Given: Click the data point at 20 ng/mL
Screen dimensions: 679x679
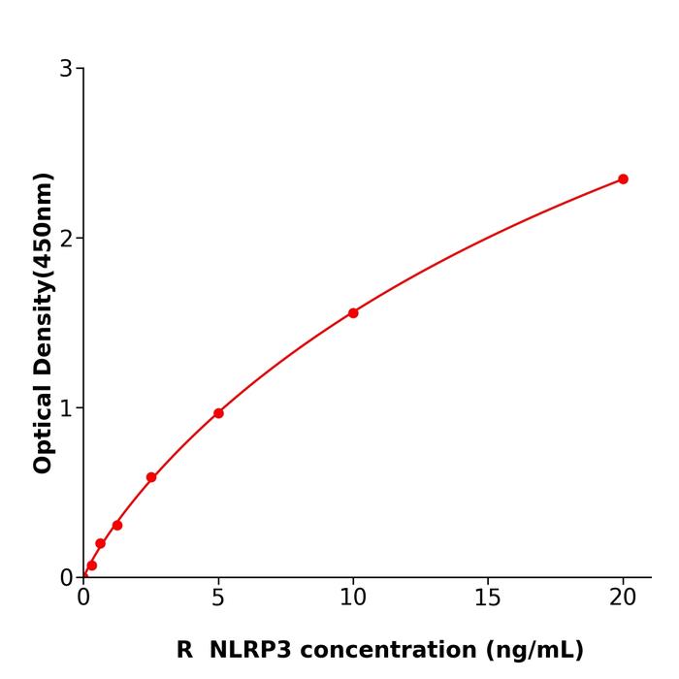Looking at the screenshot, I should (623, 179).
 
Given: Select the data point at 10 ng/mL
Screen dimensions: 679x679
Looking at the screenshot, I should (353, 313).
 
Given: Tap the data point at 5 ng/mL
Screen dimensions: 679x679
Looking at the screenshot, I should (218, 413).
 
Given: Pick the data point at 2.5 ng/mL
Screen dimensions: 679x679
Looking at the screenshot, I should (151, 477).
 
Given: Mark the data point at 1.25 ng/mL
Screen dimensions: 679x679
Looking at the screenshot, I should (117, 525).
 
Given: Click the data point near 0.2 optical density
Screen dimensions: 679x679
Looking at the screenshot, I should (100, 544).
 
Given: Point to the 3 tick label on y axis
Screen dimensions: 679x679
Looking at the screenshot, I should (66, 69).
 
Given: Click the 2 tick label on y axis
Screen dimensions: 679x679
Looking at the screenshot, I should (66, 239).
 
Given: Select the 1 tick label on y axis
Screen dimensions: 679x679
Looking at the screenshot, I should (66, 408).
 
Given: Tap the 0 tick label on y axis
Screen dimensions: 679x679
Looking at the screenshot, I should (66, 578).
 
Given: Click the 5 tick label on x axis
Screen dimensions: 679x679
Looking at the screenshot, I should (218, 598).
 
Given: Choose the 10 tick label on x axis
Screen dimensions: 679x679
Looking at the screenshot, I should (353, 598).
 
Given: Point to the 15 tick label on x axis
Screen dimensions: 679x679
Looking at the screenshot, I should (488, 598).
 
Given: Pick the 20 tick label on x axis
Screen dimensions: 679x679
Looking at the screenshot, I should (623, 598).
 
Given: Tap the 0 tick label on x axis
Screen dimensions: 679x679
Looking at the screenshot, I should (83, 598).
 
